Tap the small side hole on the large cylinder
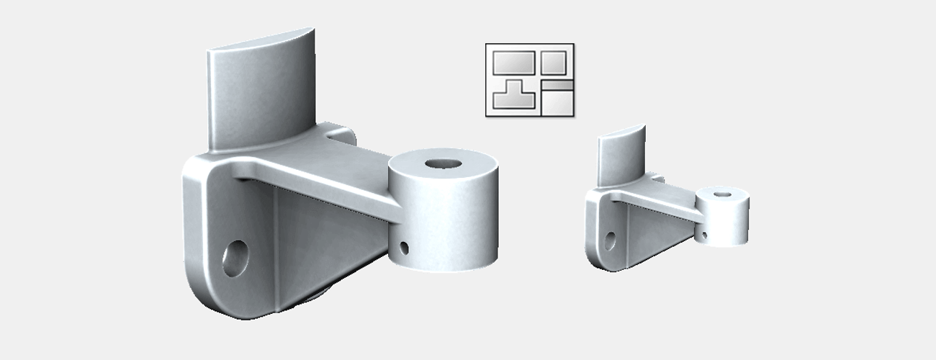coord(404,248)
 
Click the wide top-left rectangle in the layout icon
coord(512,62)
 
